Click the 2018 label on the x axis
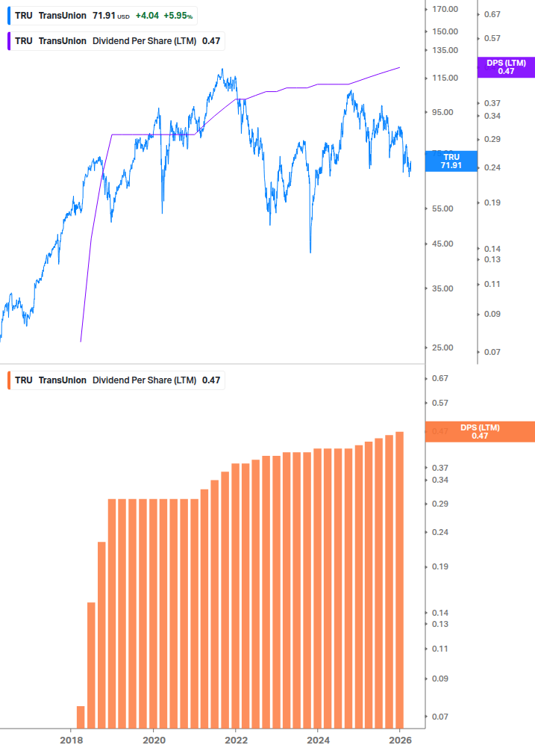point(72,738)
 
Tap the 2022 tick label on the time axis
point(236,738)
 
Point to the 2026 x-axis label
point(400,738)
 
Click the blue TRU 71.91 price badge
point(451,161)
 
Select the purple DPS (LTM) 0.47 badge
point(506,67)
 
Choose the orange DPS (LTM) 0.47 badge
point(479,432)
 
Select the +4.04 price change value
point(147,15)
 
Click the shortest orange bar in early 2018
point(81,717)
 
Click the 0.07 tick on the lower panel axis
point(439,717)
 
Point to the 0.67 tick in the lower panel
point(439,378)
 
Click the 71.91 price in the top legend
point(103,15)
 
